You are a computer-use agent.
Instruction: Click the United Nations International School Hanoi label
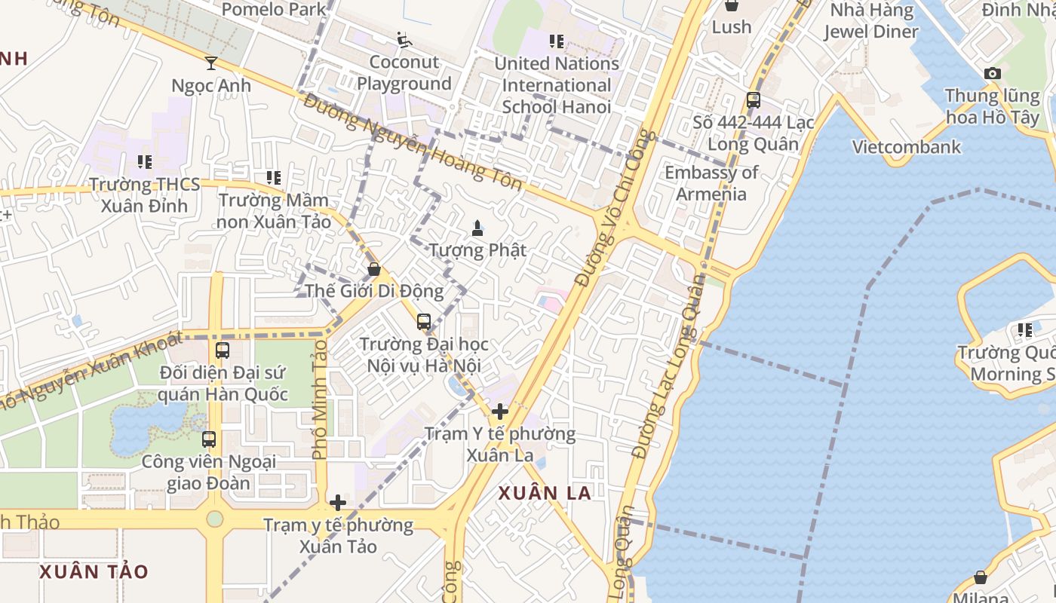557,85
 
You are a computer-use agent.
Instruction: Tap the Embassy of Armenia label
711,183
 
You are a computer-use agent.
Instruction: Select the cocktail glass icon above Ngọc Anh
211,63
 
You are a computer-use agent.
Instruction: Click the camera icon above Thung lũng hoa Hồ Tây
993,73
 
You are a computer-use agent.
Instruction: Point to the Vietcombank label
907,146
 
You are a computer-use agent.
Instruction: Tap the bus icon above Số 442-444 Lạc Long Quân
753,99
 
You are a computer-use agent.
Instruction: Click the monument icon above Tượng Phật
477,227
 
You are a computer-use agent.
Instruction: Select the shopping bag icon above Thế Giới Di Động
373,268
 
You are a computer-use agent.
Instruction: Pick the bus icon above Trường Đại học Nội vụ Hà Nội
424,322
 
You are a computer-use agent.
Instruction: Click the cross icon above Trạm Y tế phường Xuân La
500,412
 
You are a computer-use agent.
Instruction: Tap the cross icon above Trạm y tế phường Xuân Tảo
338,502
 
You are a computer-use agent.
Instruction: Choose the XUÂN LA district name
545,493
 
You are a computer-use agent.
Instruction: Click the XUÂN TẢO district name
94,571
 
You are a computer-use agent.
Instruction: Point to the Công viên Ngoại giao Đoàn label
209,472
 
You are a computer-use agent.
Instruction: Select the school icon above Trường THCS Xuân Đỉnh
145,161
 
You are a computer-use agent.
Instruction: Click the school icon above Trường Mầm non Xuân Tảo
274,178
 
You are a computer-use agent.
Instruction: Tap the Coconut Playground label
404,73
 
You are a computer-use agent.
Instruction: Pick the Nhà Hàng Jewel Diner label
871,21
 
